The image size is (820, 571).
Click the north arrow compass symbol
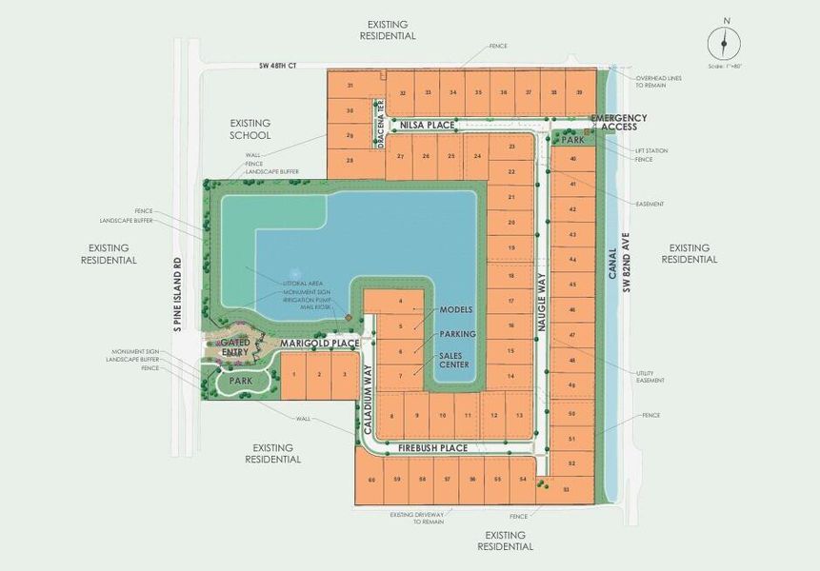coord(724,43)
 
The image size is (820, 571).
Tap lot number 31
coord(350,86)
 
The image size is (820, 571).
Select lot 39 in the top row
coord(579,92)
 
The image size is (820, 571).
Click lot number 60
coord(371,480)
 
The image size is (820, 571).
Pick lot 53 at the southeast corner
coord(566,489)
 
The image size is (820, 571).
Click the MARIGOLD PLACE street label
coord(320,343)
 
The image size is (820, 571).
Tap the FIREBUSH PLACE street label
coord(432,447)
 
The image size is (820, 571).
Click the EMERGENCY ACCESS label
coord(619,123)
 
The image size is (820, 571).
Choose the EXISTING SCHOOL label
coord(250,129)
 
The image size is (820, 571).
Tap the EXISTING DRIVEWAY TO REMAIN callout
coord(417,518)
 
